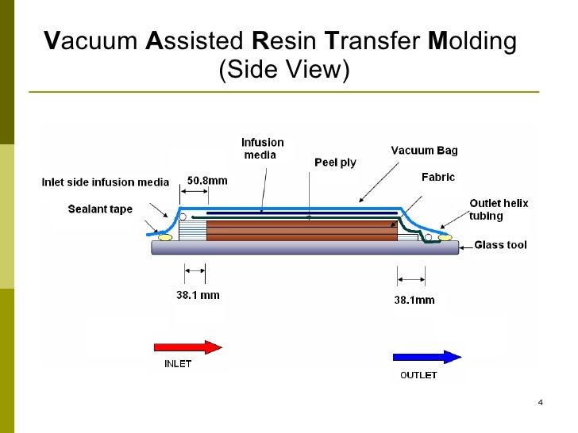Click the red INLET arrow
[187, 347]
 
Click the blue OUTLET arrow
[427, 357]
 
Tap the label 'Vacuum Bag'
[424, 150]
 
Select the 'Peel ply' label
[335, 163]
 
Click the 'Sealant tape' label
[100, 209]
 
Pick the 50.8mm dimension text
[207, 180]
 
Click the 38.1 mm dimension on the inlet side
[198, 295]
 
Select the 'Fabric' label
[437, 178]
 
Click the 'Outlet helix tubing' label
[498, 209]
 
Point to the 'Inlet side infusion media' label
[105, 182]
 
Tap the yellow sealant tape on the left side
[165, 236]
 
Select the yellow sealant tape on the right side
[445, 236]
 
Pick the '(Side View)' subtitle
[283, 70]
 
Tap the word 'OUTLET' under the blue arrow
[418, 375]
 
